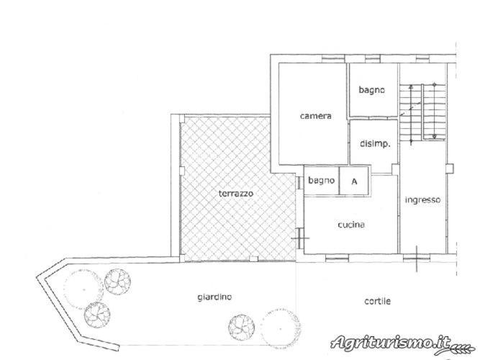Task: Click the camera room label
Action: [x=316, y=116]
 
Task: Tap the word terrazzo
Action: [x=236, y=194]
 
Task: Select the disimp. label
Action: [x=375, y=143]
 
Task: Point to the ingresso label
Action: [x=422, y=200]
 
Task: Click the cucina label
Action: [x=351, y=225]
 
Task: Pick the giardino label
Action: [x=214, y=297]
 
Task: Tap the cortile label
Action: [x=377, y=301]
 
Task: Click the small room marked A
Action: [x=354, y=181]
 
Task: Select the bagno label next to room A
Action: [x=321, y=181]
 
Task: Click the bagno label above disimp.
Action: [x=371, y=90]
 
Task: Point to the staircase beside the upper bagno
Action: [x=422, y=113]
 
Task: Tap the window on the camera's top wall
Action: [x=333, y=58]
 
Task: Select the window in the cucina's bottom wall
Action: [x=337, y=259]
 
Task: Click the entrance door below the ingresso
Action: [x=417, y=258]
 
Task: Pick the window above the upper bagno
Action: [x=372, y=58]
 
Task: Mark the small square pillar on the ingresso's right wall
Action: [x=449, y=168]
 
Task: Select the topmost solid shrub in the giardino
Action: [x=117, y=282]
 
